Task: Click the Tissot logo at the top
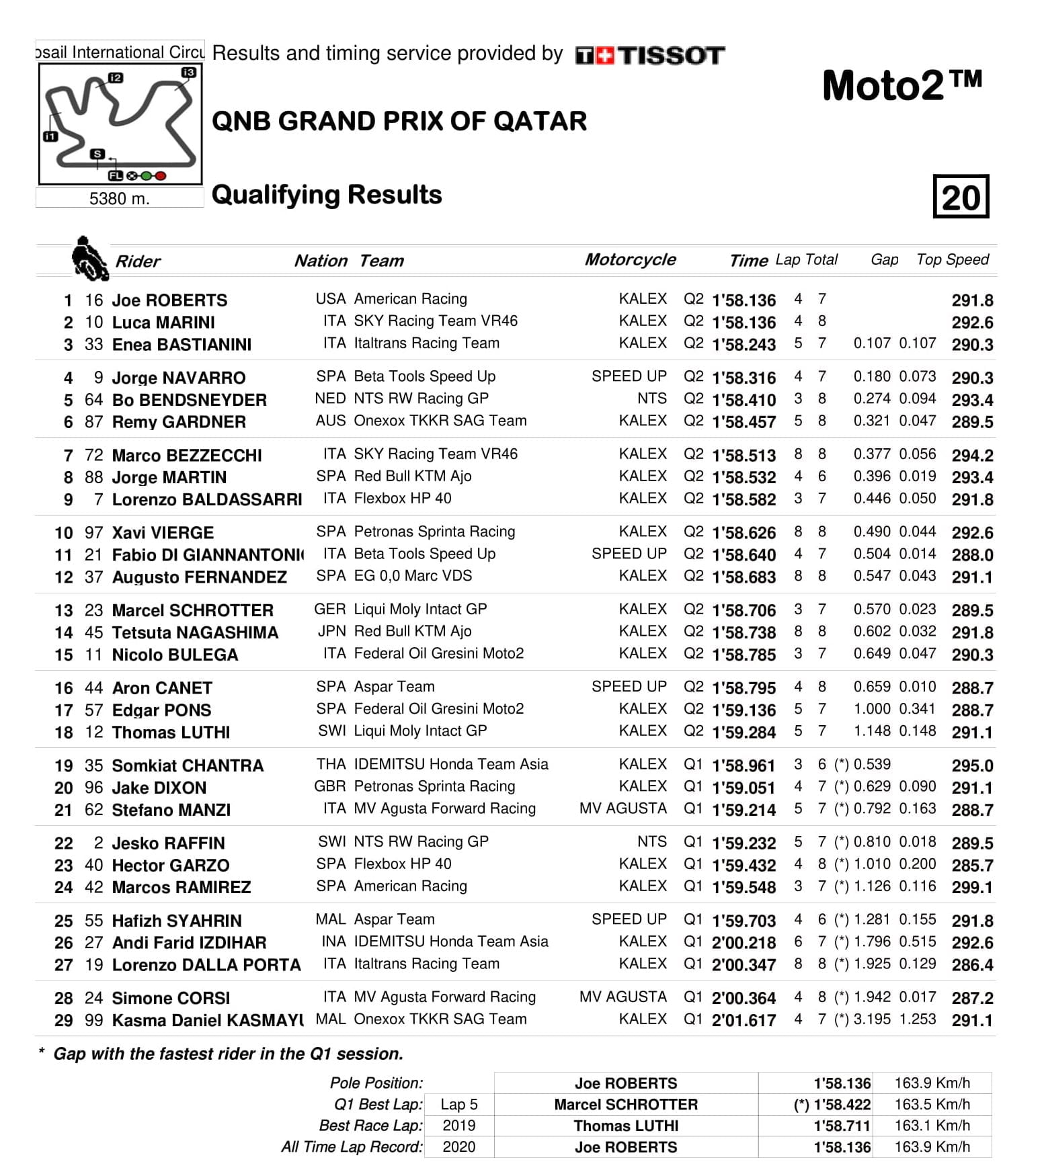tap(650, 55)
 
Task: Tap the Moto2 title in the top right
tap(901, 86)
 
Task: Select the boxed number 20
tap(961, 197)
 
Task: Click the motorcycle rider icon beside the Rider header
tap(89, 259)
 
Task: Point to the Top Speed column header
tap(952, 260)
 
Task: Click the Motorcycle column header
tap(630, 260)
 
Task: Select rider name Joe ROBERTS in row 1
tap(169, 300)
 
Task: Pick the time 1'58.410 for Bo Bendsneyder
tap(744, 400)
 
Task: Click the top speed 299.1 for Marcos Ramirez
tap(972, 887)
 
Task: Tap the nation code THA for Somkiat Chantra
tap(331, 765)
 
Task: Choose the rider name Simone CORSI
tap(171, 998)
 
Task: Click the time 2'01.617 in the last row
tap(744, 1020)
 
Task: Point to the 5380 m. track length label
tap(119, 198)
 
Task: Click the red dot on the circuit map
tap(161, 176)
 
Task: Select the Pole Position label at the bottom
tap(376, 1083)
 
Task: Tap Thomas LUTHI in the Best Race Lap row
tap(626, 1126)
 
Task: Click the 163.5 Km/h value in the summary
tap(932, 1104)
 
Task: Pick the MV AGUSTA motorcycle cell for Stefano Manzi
tap(623, 808)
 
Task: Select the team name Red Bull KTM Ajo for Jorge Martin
tap(412, 476)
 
